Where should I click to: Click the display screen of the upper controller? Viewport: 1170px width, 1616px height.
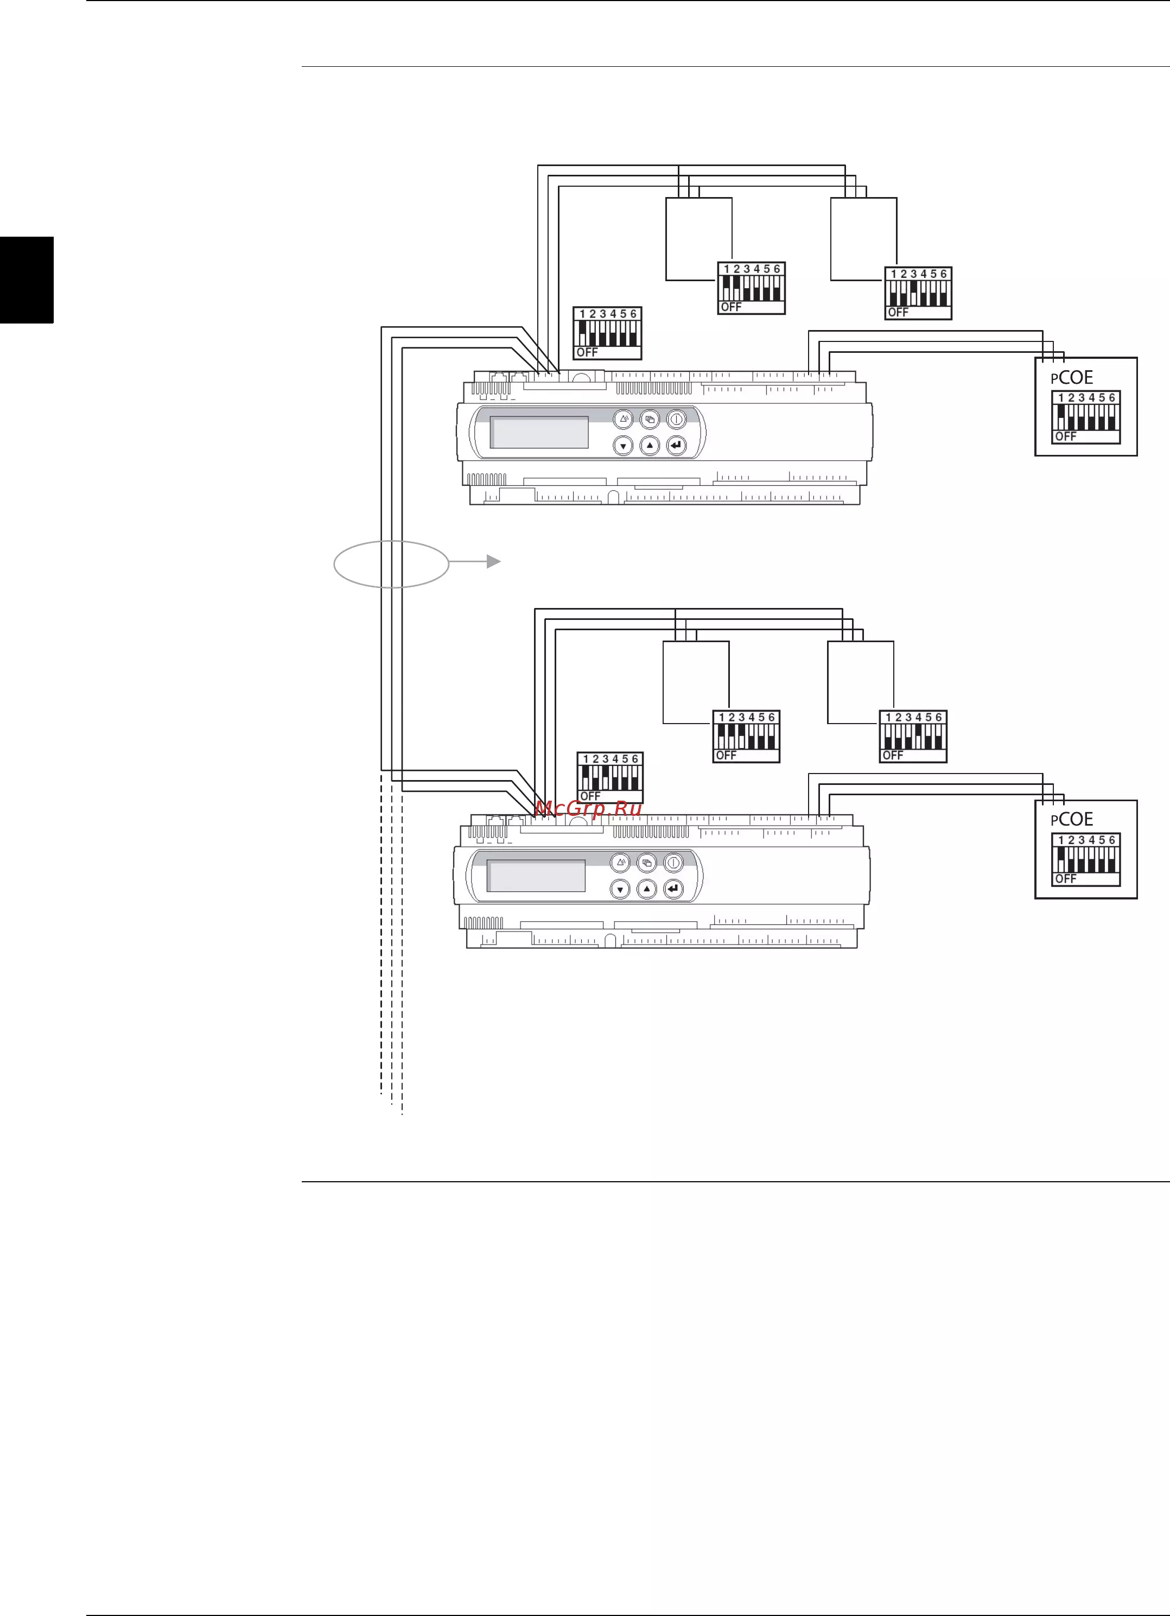[539, 433]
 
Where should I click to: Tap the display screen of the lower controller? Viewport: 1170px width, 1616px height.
[536, 876]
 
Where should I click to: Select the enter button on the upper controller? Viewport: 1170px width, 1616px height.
[676, 445]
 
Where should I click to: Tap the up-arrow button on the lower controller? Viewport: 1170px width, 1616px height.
[647, 889]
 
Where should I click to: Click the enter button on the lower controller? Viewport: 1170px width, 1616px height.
[673, 889]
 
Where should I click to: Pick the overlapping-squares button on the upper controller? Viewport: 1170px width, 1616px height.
[650, 419]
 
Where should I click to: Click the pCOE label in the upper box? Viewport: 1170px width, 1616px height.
[1072, 378]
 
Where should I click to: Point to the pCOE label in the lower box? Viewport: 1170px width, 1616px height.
[1072, 820]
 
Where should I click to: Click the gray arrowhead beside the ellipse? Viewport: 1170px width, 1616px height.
[493, 561]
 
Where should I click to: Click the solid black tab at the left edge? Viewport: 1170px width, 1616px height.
[27, 280]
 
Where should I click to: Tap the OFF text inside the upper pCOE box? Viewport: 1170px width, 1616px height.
[1066, 436]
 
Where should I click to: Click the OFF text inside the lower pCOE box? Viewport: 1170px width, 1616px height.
[1066, 878]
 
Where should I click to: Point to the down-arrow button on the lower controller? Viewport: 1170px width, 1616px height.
[620, 889]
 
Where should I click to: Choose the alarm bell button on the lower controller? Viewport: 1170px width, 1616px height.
[620, 862]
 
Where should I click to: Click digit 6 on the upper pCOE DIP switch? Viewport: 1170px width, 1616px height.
[1111, 397]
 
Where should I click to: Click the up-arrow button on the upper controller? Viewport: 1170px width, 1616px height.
[650, 445]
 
